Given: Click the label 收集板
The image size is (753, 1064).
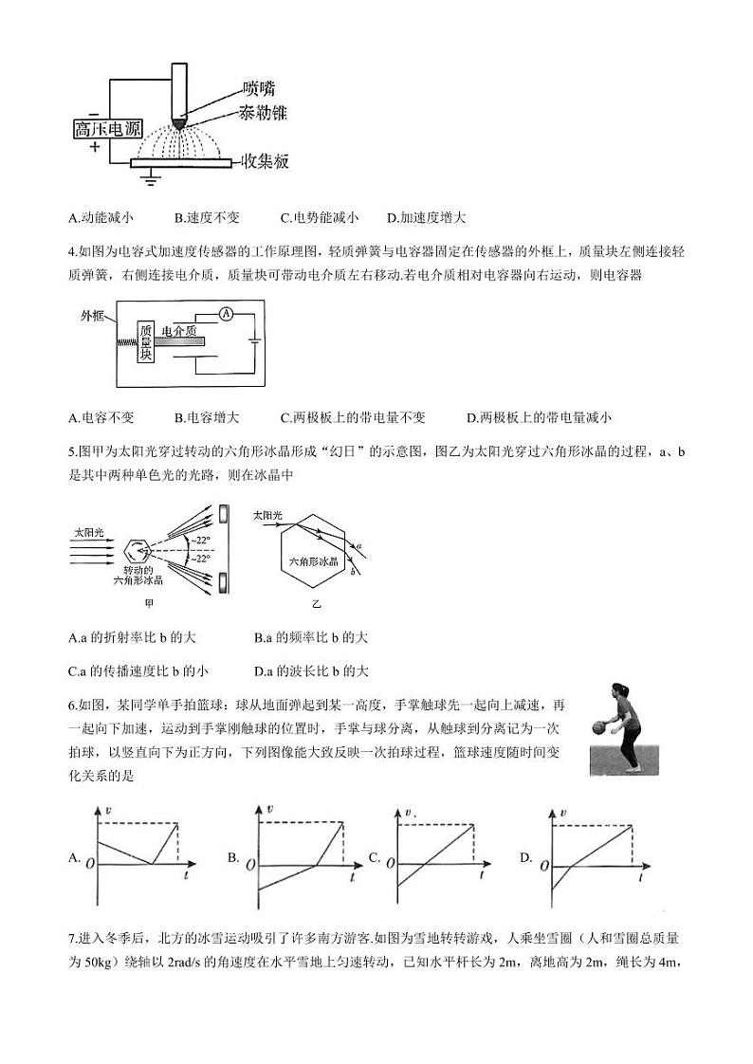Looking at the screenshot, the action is click(x=265, y=160).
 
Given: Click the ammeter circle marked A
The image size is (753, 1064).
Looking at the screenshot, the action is click(x=226, y=314).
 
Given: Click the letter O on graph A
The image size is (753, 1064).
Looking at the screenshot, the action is click(x=89, y=864).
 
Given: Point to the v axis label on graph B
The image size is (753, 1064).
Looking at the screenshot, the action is click(x=271, y=808).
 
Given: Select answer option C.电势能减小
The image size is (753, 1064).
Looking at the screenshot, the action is click(x=320, y=218).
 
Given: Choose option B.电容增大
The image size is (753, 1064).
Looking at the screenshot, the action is click(x=207, y=417).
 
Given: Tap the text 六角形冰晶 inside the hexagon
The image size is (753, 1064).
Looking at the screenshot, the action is click(x=313, y=562).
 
